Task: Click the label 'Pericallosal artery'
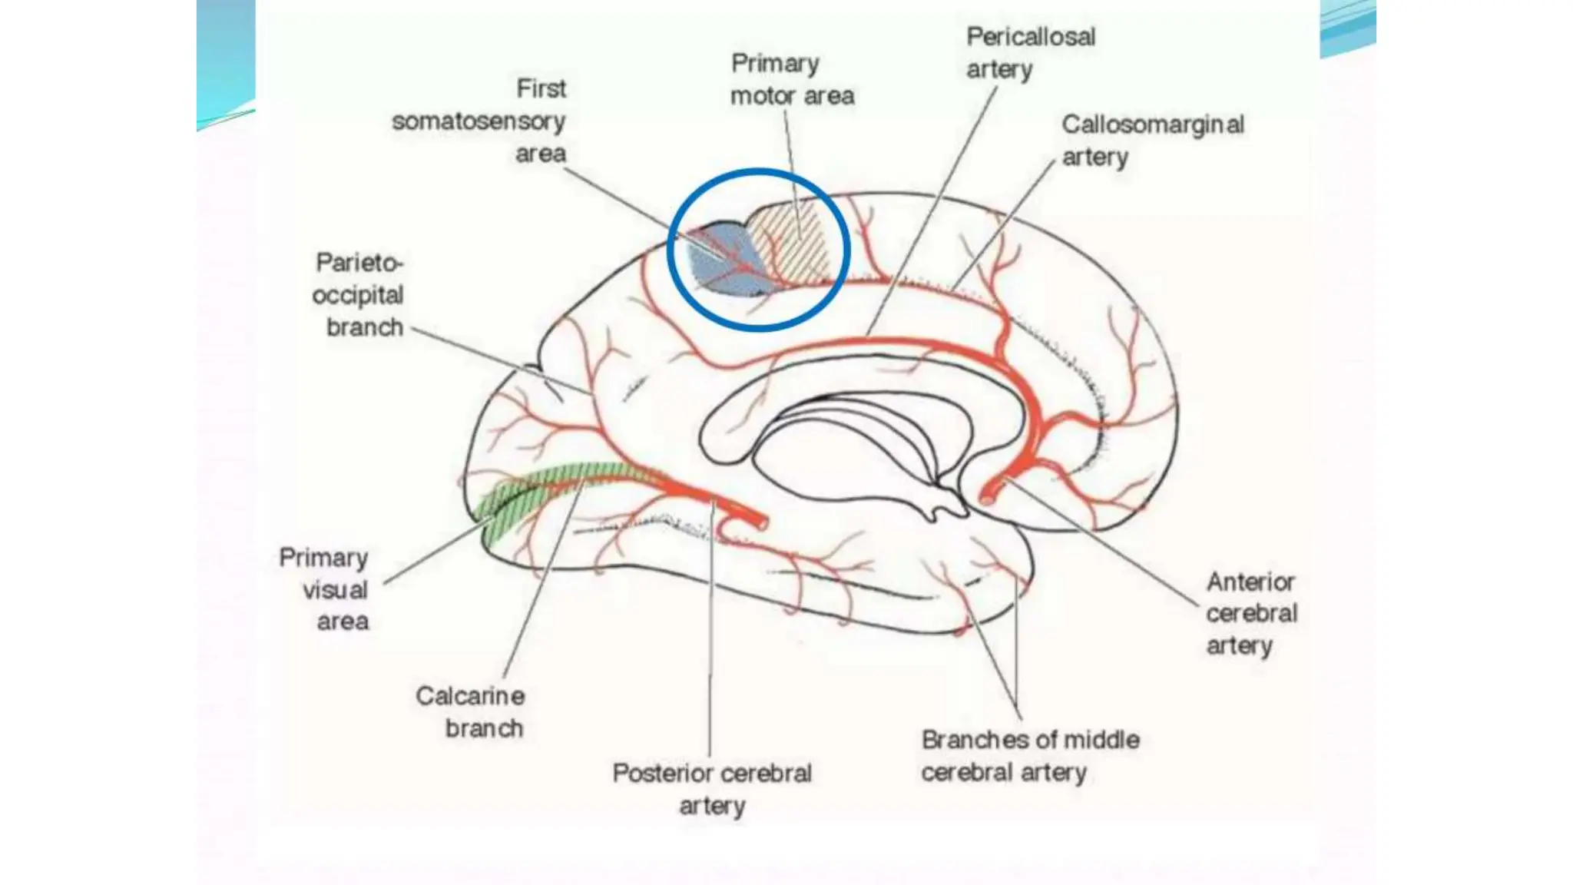tap(1030, 53)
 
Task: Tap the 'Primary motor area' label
tap(792, 80)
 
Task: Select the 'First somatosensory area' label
tap(479, 121)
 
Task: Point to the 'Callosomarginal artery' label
tap(1152, 141)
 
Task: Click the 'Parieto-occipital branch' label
tap(358, 295)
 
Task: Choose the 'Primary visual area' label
tap(324, 589)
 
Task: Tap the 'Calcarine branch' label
tap(471, 712)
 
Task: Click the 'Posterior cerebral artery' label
tap(712, 789)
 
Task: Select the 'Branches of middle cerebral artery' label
tap(1030, 756)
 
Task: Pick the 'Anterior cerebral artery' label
tap(1251, 613)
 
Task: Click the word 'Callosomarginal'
tap(1152, 124)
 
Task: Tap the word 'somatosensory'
tap(479, 121)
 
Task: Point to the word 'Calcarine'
tap(471, 696)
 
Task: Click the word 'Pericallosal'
tap(1030, 37)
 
